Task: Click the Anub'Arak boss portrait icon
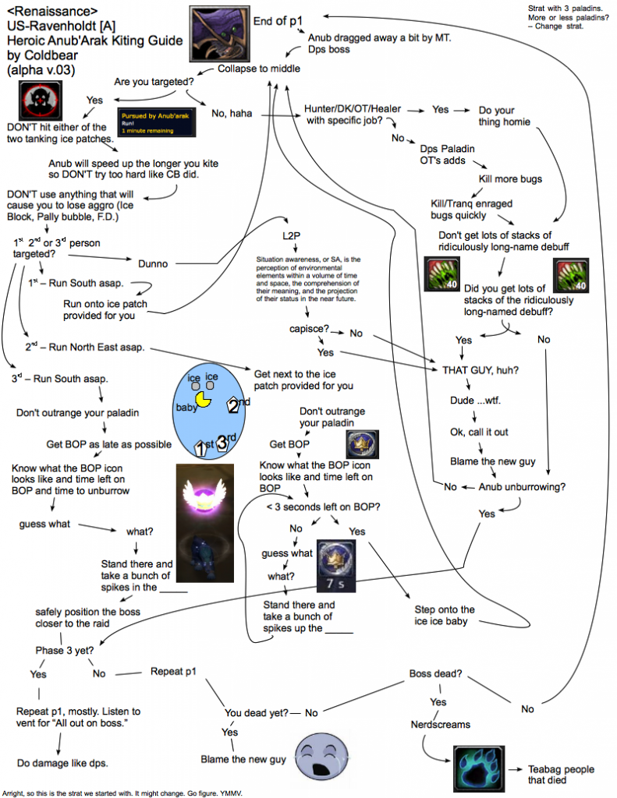tap(220, 31)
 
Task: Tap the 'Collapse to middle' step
tap(258, 69)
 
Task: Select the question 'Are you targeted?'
tap(154, 81)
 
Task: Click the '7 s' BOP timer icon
tap(337, 563)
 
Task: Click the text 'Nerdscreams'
tap(441, 724)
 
